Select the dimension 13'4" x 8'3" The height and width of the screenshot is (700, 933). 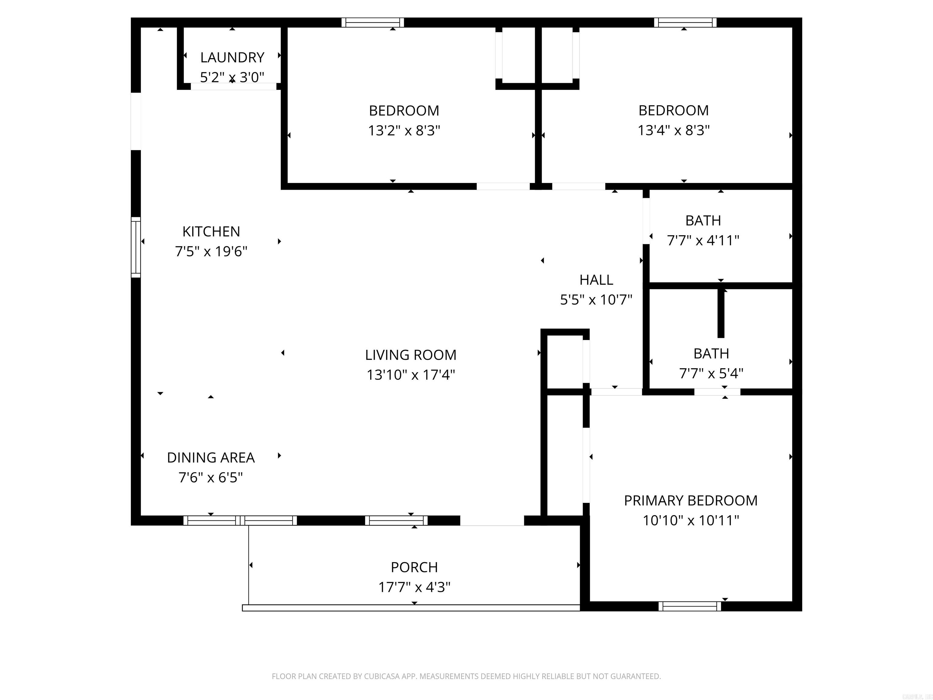coord(673,130)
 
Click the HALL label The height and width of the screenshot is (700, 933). coord(596,280)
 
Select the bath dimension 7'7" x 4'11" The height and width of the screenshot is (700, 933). coord(703,241)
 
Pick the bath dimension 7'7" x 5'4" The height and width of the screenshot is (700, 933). coord(711,373)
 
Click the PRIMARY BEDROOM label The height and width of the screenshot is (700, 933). coord(690,500)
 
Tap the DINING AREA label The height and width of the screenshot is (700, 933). coord(210,457)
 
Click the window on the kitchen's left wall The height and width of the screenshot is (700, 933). coord(136,247)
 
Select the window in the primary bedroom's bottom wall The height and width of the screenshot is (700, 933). coord(690,606)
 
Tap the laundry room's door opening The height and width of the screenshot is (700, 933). coord(233,87)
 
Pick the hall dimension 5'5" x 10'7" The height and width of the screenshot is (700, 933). coord(596,300)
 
